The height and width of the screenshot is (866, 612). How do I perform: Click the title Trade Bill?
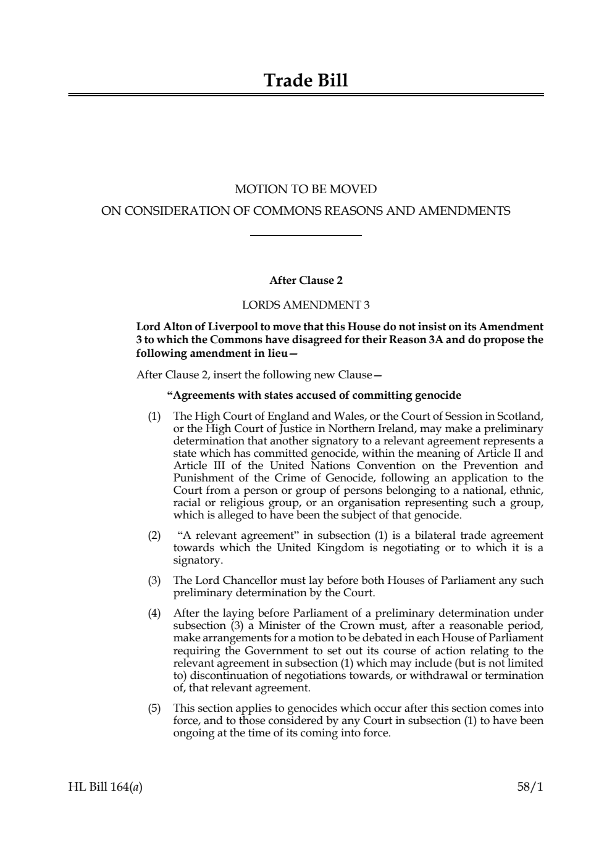click(x=306, y=81)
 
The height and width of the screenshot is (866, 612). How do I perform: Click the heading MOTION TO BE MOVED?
click(x=306, y=189)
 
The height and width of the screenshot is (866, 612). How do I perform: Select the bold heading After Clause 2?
click(x=306, y=280)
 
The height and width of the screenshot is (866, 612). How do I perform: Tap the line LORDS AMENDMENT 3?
click(x=306, y=305)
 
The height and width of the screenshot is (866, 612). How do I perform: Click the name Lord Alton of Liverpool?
click(x=189, y=327)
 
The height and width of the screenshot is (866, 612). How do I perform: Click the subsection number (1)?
click(x=154, y=417)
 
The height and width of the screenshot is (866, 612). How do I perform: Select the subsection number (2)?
click(x=154, y=536)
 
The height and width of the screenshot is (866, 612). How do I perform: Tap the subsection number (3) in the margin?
click(x=154, y=581)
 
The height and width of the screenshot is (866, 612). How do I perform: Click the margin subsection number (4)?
click(x=154, y=614)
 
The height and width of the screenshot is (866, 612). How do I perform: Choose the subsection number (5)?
click(x=154, y=709)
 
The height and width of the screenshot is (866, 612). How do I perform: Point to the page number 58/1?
click(x=530, y=787)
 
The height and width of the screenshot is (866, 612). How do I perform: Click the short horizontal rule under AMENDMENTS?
click(x=306, y=235)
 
